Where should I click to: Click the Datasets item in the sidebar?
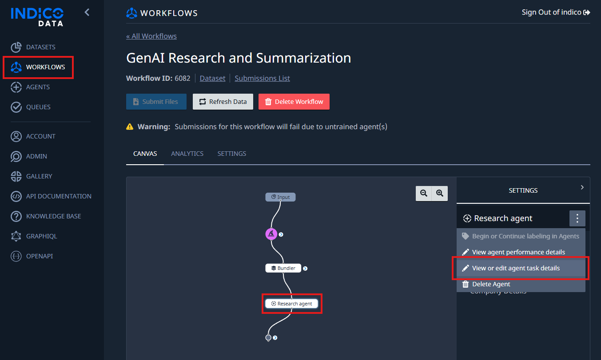[x=33, y=47]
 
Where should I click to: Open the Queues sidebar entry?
[x=31, y=107]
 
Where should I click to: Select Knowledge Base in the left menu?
[x=46, y=216]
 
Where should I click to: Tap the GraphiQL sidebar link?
[x=34, y=236]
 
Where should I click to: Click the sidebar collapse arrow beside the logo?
[x=87, y=12]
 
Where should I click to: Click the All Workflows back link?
[x=151, y=36]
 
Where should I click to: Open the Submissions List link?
[x=262, y=78]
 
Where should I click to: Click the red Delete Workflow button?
[x=294, y=102]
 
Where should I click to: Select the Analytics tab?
[x=187, y=154]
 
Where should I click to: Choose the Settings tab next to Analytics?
[x=231, y=154]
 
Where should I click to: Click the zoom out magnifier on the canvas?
[x=424, y=193]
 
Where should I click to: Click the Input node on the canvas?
[x=280, y=197]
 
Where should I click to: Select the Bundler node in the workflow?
[x=283, y=268]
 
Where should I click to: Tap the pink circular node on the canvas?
[x=271, y=234]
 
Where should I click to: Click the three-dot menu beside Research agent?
[x=577, y=218]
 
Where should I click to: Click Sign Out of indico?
[x=556, y=12]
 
